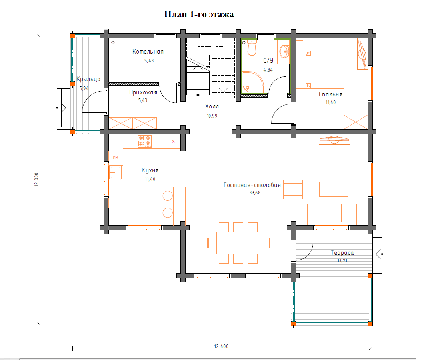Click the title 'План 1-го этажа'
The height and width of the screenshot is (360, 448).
click(199, 14)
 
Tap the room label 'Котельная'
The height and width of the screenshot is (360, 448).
click(148, 52)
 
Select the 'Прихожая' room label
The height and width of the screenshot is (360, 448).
click(143, 92)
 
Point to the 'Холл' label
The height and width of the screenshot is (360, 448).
click(212, 106)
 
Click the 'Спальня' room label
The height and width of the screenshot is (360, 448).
click(330, 94)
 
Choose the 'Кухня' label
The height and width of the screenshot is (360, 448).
click(150, 170)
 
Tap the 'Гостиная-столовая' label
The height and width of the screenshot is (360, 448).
click(252, 185)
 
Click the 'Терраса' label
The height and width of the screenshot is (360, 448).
click(342, 253)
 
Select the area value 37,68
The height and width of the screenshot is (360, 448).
click(255, 193)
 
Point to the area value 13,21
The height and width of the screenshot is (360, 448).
click(342, 260)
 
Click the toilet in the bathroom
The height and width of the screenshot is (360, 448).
click(252, 48)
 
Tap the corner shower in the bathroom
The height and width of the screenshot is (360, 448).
click(252, 82)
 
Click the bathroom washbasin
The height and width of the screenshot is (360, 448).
click(284, 52)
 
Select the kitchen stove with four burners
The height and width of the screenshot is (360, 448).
click(144, 141)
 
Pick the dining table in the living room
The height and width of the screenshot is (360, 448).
click(238, 243)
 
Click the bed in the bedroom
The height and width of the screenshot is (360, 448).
click(324, 70)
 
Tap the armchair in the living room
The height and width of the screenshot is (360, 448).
click(293, 189)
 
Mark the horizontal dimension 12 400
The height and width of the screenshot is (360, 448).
click(222, 346)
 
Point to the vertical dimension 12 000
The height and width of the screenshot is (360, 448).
click(36, 180)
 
